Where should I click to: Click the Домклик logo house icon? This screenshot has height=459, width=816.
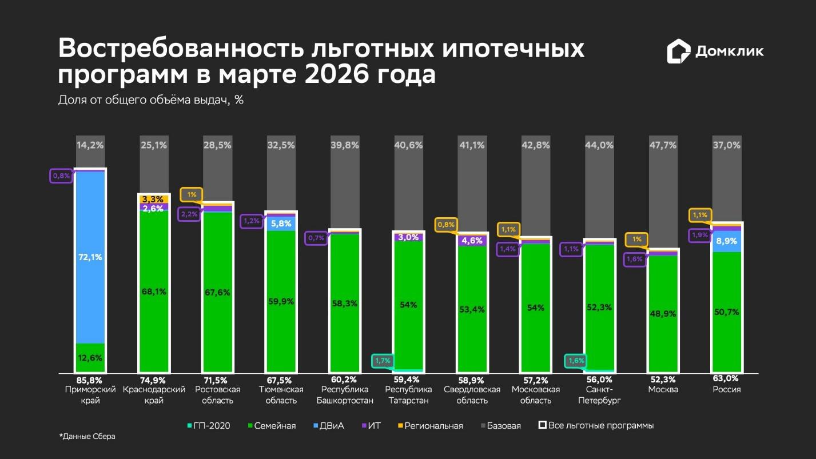tap(678, 51)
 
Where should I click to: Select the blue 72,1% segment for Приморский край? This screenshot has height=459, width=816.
tap(90, 257)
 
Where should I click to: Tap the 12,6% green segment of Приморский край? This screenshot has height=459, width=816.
tap(90, 358)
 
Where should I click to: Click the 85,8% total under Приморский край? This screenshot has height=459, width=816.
tap(90, 380)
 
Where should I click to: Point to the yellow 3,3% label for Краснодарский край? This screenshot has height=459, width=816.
tap(154, 199)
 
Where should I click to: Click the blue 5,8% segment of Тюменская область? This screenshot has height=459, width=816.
tap(281, 223)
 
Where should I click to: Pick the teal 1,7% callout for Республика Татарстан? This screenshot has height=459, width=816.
tap(383, 361)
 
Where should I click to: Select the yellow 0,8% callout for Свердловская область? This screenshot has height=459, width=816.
tap(446, 225)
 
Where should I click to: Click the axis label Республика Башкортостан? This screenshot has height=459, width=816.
tap(345, 395)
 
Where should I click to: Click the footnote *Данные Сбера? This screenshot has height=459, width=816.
tap(87, 437)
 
